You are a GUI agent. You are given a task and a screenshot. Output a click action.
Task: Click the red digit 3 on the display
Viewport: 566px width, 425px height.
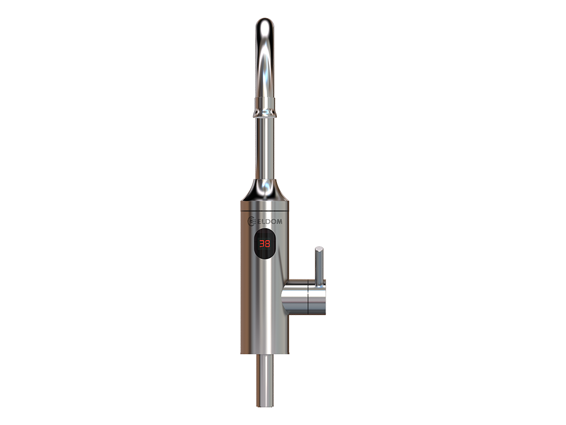pos(262,243)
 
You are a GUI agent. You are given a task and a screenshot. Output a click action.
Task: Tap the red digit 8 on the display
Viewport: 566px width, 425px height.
pos(268,243)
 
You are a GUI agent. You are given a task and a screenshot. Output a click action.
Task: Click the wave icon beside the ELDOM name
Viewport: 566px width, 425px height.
pos(251,221)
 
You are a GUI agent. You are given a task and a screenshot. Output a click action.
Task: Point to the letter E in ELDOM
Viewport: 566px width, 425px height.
pos(259,221)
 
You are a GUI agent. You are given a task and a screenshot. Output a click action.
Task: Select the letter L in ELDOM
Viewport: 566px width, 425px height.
pos(264,221)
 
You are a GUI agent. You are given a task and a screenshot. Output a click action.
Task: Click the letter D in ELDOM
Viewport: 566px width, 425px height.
pos(268,221)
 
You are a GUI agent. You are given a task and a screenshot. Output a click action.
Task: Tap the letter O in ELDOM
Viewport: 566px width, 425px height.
pos(274,221)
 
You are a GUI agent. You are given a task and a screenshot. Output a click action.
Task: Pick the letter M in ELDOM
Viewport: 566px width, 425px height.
pos(279,221)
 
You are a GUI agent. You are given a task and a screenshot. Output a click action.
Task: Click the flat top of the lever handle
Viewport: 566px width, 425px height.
pos(319,248)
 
